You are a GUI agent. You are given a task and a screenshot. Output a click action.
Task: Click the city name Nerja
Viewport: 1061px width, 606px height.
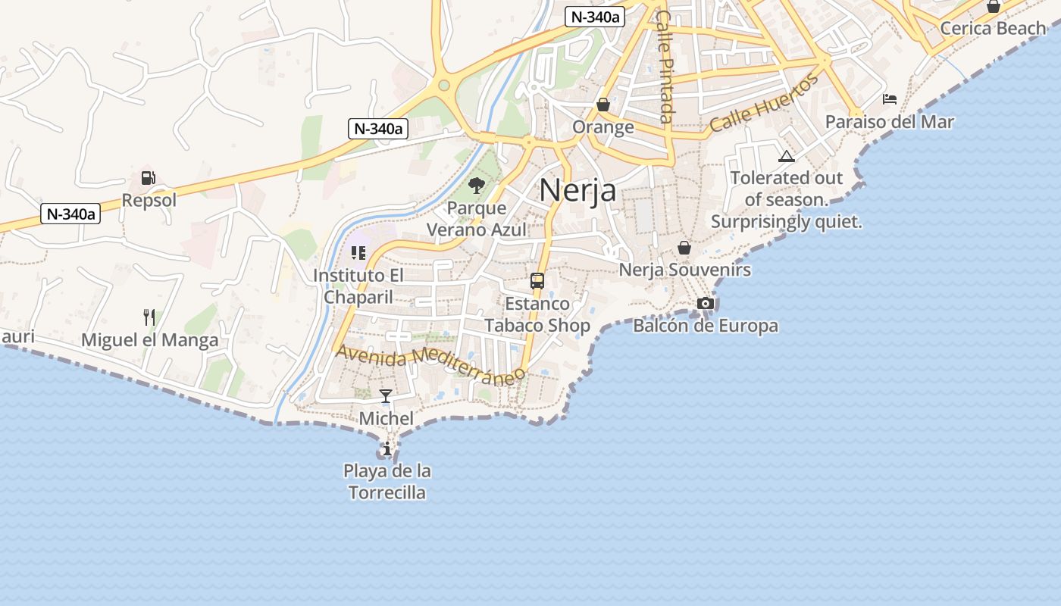[x=577, y=190]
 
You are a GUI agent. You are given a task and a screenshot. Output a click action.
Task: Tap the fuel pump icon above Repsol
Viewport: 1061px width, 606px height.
[x=149, y=179]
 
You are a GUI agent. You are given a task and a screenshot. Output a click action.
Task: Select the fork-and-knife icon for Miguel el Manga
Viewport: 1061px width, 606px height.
[x=149, y=317]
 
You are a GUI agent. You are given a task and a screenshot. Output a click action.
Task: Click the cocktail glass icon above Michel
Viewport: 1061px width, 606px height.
[x=386, y=395]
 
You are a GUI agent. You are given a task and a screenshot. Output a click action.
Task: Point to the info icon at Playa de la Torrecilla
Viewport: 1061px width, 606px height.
[x=387, y=448]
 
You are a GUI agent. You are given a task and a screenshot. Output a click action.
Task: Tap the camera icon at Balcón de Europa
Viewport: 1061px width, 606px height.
[x=706, y=303]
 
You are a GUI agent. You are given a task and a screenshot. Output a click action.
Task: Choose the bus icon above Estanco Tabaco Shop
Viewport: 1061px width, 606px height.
[x=537, y=281]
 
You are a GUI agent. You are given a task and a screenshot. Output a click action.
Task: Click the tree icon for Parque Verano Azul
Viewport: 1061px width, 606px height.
[x=477, y=185]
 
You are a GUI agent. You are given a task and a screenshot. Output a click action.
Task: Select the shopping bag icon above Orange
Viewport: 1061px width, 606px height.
[x=603, y=104]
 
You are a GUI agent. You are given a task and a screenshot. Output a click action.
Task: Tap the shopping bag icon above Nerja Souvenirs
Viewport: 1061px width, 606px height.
[x=684, y=248]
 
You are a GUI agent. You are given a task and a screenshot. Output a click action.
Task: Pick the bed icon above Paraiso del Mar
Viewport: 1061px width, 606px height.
[x=890, y=99]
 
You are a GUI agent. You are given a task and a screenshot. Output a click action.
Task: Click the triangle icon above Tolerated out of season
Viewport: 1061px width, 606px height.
[x=787, y=156]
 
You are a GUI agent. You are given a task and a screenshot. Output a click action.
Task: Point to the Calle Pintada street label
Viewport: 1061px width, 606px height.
[x=665, y=66]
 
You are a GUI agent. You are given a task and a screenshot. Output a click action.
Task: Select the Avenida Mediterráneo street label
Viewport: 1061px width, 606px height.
[x=430, y=363]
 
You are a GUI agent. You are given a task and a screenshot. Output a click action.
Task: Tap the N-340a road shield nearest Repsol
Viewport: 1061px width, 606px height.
[x=70, y=214]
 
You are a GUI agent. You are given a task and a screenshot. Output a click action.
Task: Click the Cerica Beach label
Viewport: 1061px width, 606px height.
[x=993, y=28]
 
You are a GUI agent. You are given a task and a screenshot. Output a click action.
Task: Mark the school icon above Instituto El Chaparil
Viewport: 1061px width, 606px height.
[x=358, y=253]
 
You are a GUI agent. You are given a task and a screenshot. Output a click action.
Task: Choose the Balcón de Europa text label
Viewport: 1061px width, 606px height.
[x=706, y=326]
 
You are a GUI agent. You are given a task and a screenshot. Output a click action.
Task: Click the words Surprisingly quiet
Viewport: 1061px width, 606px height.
[x=787, y=222]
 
